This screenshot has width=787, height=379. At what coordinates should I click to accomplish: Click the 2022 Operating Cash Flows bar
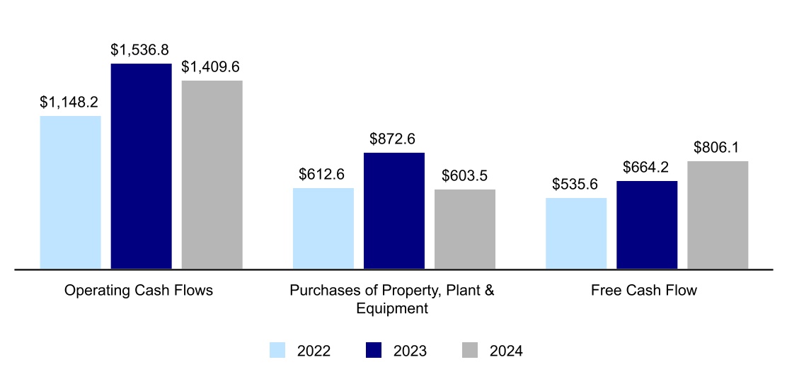(70, 192)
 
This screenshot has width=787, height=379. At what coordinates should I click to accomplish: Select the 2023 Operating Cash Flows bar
(141, 166)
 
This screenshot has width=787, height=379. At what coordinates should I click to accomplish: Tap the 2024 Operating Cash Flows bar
(212, 175)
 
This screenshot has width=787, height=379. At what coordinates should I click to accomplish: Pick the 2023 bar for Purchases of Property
(393, 211)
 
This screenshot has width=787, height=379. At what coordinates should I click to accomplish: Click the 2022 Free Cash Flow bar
(576, 233)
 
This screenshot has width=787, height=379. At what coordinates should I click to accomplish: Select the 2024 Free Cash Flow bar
(718, 215)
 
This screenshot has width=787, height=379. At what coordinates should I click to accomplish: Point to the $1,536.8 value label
(141, 50)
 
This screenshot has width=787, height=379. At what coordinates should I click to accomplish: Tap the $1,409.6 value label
(211, 67)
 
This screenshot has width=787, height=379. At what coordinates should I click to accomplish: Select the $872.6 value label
(393, 139)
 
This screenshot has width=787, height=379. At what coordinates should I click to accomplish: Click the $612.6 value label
(322, 175)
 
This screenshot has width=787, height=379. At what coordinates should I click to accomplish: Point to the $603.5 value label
(464, 176)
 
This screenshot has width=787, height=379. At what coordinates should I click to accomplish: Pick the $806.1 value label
(717, 148)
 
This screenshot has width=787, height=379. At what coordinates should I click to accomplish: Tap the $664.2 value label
(646, 168)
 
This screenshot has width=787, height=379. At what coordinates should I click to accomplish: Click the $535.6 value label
(575, 185)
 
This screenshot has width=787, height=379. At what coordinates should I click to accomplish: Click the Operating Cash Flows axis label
(139, 291)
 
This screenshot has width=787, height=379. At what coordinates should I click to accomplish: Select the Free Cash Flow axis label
(644, 291)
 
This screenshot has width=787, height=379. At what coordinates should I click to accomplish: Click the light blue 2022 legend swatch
(277, 350)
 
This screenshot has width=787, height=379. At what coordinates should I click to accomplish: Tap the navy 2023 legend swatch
(373, 350)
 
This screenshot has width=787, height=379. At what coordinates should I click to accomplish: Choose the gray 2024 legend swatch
(470, 350)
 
